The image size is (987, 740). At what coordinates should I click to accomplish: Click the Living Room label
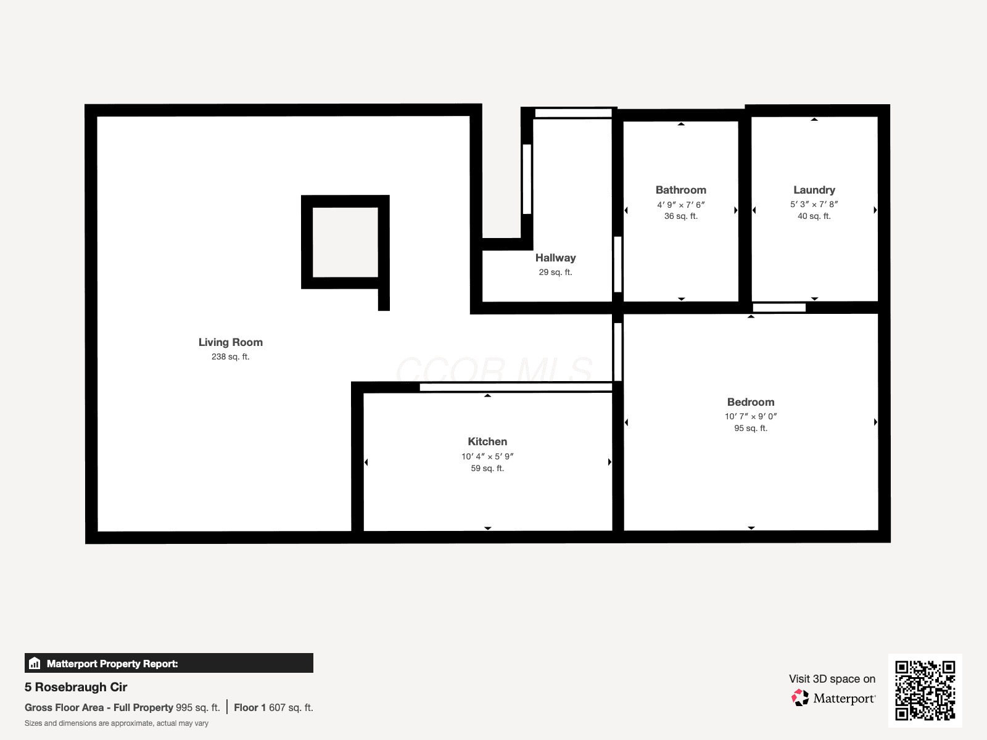point(230,342)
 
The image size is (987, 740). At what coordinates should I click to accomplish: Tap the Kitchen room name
point(487,442)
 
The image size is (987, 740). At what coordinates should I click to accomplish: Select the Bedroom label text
point(751,402)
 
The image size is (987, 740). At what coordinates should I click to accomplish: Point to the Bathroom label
point(681,190)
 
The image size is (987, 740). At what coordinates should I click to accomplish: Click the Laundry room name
point(814,190)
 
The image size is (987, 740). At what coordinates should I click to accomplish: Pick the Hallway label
point(555,258)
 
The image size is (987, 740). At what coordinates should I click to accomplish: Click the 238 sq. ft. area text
point(230,357)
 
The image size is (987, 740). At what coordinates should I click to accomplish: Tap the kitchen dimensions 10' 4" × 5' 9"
point(487,456)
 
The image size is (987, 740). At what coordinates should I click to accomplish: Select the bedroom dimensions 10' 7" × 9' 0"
point(751,416)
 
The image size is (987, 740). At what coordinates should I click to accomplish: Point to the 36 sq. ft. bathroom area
point(681,216)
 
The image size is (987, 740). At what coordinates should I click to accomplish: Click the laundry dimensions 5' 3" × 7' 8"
point(814,205)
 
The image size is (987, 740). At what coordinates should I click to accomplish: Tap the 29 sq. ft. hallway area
point(555,273)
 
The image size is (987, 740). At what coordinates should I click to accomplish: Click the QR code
point(925,691)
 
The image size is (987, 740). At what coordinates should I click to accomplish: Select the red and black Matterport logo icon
point(800,698)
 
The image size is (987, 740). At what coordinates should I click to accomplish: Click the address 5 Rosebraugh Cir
point(76,687)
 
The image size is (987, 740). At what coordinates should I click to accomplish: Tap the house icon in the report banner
point(35,663)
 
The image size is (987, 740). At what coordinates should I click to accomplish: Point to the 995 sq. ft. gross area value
point(198,708)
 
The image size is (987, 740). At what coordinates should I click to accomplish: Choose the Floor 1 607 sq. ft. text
point(273,708)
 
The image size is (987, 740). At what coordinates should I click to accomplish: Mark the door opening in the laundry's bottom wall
point(779,308)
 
